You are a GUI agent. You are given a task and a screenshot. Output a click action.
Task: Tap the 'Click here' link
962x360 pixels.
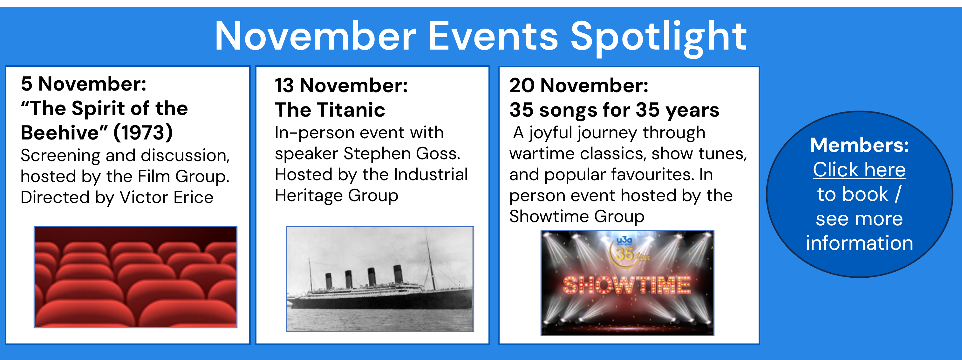pos(859,170)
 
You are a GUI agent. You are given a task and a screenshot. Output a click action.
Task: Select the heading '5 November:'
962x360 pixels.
pos(84,84)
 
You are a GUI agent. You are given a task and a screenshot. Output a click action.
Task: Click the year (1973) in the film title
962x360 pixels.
pos(143,132)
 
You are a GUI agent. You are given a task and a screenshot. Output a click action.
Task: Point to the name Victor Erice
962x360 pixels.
pos(166,197)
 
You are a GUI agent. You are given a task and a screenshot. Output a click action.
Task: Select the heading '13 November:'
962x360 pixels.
pos(341,85)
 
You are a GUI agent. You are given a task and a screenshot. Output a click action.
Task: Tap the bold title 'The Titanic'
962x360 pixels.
pos(330,110)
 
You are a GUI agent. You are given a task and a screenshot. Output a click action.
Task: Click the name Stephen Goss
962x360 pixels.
pos(402,153)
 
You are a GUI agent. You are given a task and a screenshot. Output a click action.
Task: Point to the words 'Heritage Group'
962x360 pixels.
pos(337,196)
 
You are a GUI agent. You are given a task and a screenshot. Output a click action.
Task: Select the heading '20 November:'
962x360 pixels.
pos(579,85)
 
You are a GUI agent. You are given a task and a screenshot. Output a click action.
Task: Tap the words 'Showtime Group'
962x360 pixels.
pos(577,217)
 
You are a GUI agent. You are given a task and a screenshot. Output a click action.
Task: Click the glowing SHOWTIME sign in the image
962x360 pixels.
pos(627,285)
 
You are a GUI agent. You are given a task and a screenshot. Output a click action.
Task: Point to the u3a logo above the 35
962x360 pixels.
pos(624,240)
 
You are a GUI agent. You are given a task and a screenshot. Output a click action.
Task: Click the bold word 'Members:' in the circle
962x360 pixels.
pos(859,145)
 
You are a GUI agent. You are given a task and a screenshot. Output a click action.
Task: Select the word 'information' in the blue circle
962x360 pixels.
pos(859,243)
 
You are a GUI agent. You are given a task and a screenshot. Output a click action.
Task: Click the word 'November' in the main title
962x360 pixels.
pos(316,37)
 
